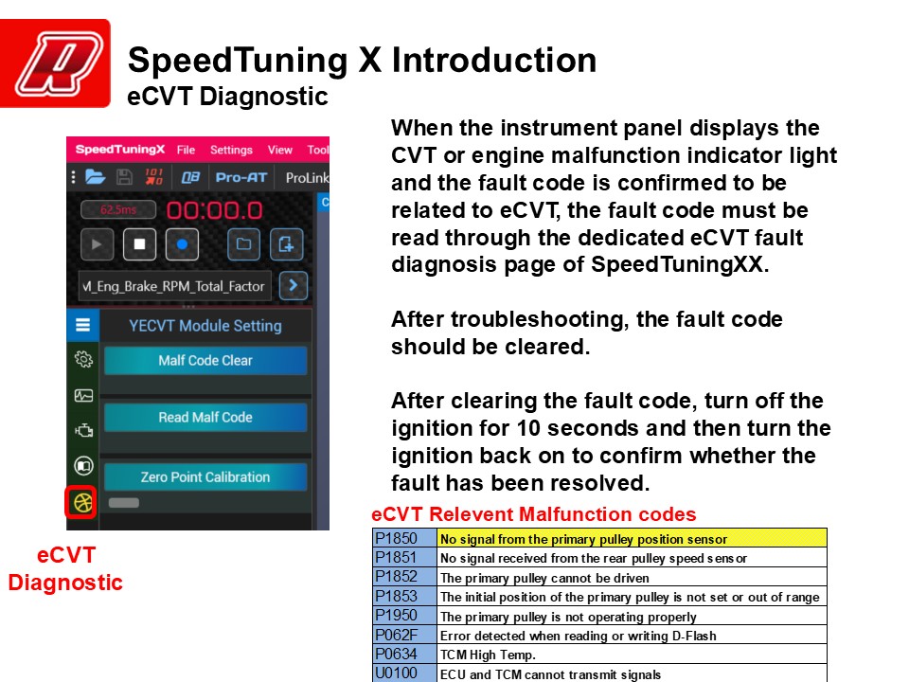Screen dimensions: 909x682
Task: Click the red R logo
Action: click(55, 63)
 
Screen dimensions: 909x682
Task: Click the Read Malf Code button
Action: click(205, 417)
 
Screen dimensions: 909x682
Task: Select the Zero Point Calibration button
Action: click(205, 476)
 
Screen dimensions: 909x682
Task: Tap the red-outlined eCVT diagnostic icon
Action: click(81, 502)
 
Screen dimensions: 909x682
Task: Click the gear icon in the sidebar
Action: click(83, 360)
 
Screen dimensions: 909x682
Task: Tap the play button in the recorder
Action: click(97, 244)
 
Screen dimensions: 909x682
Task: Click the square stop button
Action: click(140, 244)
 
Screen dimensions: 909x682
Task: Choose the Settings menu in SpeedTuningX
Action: click(231, 150)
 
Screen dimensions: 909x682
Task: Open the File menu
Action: click(186, 150)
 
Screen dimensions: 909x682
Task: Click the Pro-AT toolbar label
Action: click(241, 177)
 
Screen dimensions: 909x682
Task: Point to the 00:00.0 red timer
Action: click(215, 210)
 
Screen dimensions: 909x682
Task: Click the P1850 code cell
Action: click(404, 538)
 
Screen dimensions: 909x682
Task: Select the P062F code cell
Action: click(404, 635)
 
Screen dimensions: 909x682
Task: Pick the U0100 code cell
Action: click(404, 673)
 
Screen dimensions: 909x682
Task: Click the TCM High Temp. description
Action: click(488, 655)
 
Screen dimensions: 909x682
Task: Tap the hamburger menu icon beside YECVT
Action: click(83, 325)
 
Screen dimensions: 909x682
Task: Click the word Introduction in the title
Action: click(494, 60)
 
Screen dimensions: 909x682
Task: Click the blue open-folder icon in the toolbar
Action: click(96, 176)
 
